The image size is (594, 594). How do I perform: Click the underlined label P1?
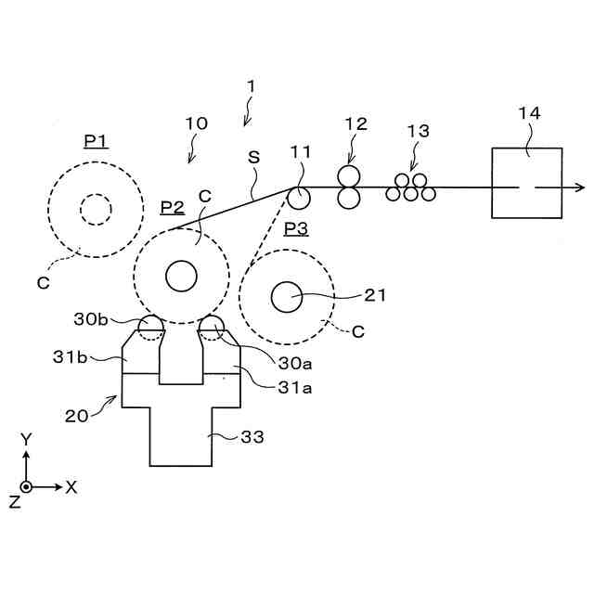click(97, 142)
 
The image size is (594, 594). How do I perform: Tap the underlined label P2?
click(173, 208)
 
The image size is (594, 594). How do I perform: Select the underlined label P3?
click(296, 229)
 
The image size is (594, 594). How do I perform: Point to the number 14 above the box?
click(529, 113)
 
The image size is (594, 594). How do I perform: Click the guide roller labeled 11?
click(299, 198)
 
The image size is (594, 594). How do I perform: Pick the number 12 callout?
click(355, 123)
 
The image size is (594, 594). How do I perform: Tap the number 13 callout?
click(419, 131)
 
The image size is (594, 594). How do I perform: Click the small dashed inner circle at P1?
click(96, 194)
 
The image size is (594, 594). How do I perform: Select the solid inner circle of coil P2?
click(181, 261)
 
